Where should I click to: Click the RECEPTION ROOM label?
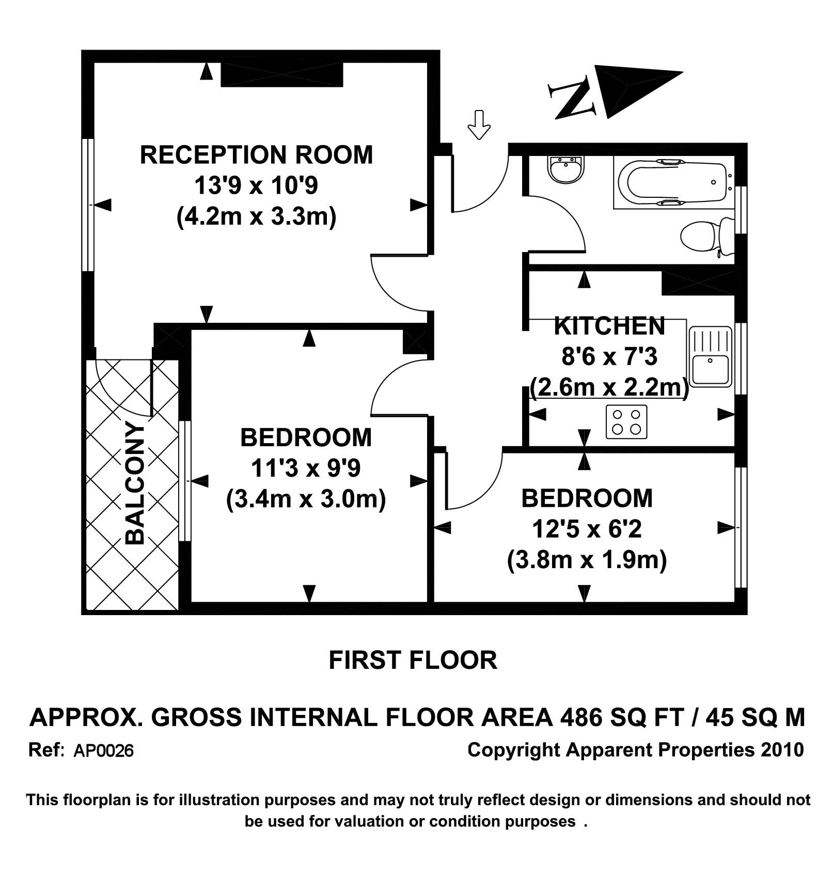(x=256, y=155)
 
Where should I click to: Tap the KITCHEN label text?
(x=609, y=326)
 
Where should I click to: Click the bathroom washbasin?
(x=567, y=168)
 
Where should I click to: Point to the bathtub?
(x=673, y=183)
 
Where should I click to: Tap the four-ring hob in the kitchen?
(x=626, y=421)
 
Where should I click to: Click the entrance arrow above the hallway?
(x=479, y=124)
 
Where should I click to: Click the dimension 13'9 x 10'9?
(x=256, y=185)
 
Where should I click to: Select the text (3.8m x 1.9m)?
(x=587, y=560)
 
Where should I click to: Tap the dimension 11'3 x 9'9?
(x=306, y=468)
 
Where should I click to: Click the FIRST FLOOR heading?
(x=413, y=661)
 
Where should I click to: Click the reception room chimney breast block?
(x=282, y=74)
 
